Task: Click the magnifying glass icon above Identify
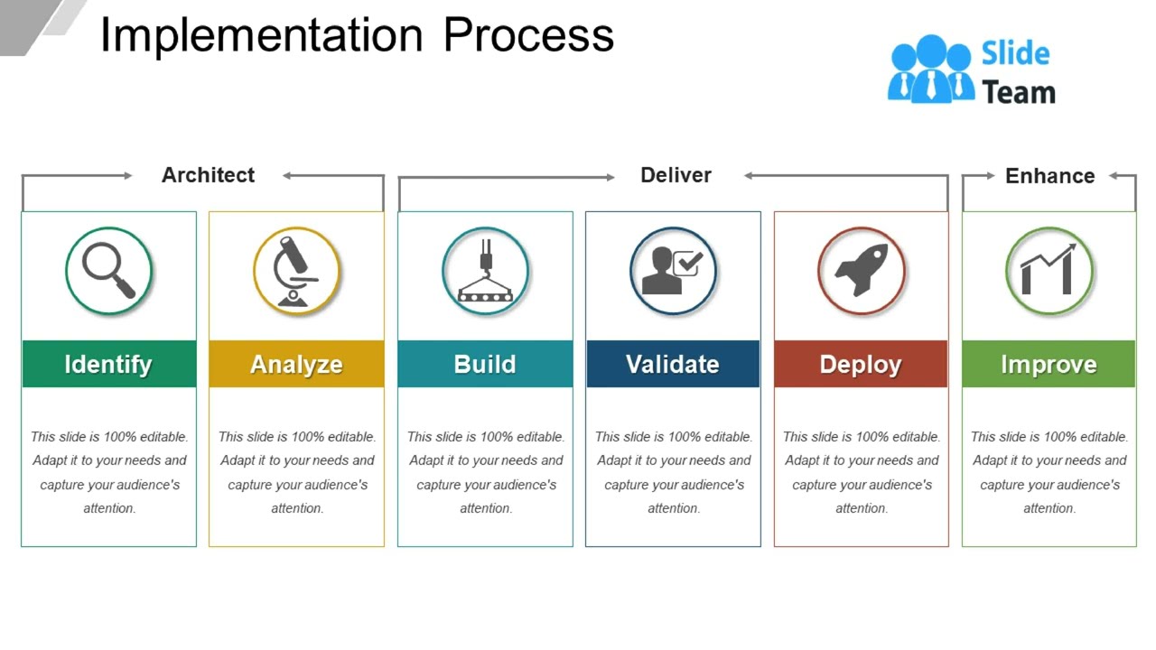click(108, 271)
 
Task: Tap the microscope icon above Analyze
click(296, 271)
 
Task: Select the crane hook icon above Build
click(485, 271)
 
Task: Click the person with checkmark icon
click(673, 271)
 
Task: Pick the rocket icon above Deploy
click(861, 271)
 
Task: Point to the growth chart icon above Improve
click(1049, 271)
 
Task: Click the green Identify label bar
click(108, 364)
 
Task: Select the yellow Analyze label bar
click(296, 364)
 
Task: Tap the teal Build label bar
click(485, 364)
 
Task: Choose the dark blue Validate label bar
click(673, 364)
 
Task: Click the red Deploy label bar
click(861, 364)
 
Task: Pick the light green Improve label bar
click(1049, 364)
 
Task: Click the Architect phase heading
click(208, 175)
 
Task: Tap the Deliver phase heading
click(676, 175)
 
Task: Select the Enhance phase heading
click(1049, 176)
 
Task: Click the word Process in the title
click(528, 36)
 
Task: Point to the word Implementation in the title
click(261, 36)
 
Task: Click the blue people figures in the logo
click(930, 70)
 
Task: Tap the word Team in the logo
click(1019, 92)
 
